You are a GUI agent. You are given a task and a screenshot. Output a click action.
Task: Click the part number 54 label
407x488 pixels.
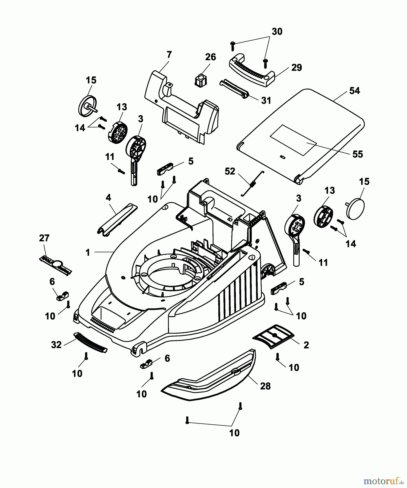tap(354, 91)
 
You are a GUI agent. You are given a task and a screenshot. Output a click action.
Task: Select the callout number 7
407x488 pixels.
tap(169, 55)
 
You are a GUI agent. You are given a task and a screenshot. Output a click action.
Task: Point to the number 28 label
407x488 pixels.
tap(265, 386)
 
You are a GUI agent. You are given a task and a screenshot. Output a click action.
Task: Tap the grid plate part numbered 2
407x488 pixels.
tap(274, 336)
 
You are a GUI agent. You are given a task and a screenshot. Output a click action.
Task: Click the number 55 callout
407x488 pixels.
tap(357, 154)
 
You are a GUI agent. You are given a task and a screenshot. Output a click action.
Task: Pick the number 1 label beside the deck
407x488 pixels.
tap(88, 253)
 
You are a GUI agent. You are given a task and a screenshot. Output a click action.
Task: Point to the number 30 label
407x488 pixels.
tap(277, 32)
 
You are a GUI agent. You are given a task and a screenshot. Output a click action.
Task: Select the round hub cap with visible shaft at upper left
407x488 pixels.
tap(87, 106)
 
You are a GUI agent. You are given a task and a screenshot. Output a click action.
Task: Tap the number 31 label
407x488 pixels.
tap(266, 100)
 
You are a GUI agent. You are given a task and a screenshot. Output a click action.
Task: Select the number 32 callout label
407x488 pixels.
tap(56, 345)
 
